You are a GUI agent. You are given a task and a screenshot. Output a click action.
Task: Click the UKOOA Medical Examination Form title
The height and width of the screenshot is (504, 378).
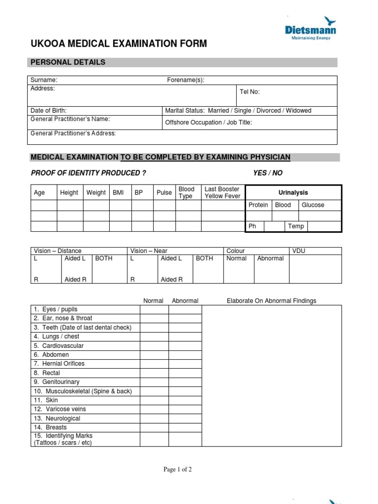click(119, 44)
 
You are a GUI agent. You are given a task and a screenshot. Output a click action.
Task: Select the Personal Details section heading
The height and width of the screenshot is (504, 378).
click(68, 62)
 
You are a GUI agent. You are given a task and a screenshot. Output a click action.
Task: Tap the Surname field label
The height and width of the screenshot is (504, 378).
click(44, 80)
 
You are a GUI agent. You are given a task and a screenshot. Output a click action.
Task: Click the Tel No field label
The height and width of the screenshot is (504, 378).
click(250, 92)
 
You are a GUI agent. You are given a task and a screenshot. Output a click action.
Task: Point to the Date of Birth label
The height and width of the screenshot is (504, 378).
click(48, 111)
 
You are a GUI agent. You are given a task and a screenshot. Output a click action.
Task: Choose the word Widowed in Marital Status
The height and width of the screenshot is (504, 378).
click(298, 111)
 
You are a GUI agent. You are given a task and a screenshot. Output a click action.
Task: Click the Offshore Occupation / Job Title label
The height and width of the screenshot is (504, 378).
click(208, 123)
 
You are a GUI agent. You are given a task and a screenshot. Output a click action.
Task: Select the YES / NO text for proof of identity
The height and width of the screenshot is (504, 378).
click(268, 173)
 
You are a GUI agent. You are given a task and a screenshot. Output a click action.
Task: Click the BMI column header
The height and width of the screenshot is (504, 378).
click(118, 192)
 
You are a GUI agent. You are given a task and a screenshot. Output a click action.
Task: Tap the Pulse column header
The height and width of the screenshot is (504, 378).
click(164, 192)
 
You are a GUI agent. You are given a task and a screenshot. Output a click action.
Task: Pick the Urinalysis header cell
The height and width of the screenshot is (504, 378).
click(293, 192)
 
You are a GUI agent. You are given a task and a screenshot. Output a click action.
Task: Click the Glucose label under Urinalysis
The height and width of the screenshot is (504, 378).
click(313, 205)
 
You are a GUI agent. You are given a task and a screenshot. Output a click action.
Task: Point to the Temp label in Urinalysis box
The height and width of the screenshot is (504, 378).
click(296, 226)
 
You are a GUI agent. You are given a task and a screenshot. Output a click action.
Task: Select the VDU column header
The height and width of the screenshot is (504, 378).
click(299, 251)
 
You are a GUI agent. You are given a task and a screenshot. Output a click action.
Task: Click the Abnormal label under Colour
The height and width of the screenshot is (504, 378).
click(270, 258)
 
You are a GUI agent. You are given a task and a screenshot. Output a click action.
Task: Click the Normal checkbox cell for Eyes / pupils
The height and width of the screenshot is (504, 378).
click(154, 310)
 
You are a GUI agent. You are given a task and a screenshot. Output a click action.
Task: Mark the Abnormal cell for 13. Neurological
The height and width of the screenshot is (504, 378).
click(185, 418)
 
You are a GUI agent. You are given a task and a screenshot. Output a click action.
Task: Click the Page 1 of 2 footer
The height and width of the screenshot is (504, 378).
click(178, 470)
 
